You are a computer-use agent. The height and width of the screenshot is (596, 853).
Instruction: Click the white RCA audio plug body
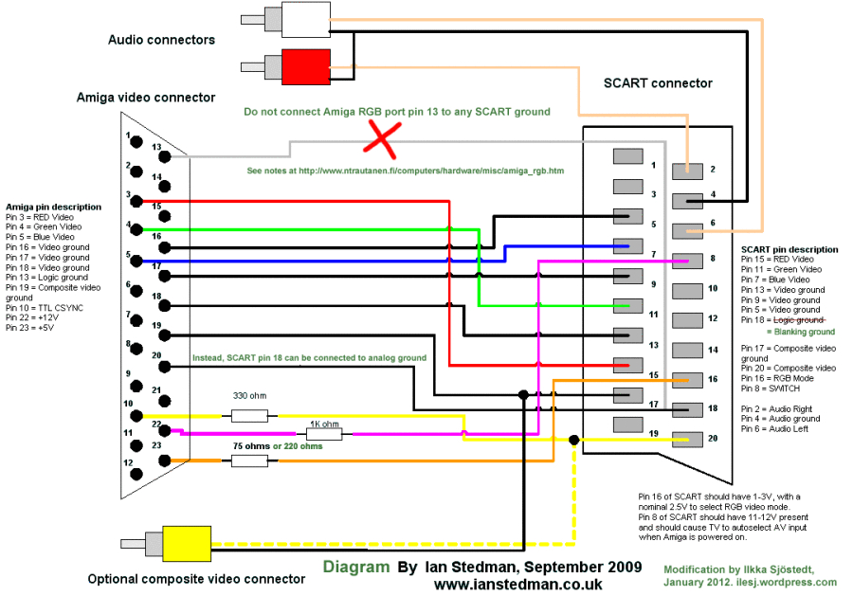click(x=305, y=19)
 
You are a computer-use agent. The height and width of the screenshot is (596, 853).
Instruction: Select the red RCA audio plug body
click(x=305, y=66)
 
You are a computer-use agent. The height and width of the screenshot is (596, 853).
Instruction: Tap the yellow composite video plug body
click(x=186, y=544)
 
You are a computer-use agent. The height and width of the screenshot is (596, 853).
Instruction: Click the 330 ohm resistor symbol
click(x=249, y=415)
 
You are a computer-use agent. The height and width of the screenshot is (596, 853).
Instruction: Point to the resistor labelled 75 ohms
click(x=249, y=461)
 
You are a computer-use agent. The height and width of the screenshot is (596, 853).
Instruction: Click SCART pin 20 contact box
click(x=687, y=439)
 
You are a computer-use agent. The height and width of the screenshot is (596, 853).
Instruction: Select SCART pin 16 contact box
click(x=687, y=379)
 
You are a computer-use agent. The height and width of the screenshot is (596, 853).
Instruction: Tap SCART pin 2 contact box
click(x=687, y=171)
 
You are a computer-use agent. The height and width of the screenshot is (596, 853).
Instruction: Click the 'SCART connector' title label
click(x=658, y=83)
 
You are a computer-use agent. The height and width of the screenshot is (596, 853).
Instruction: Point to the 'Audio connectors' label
click(x=161, y=40)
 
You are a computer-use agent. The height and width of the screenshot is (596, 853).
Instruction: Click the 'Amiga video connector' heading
click(x=146, y=98)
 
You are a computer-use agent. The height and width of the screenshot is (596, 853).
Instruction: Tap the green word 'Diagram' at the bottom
click(x=356, y=567)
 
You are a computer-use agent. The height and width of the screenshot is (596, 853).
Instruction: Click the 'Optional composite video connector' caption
click(x=196, y=579)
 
